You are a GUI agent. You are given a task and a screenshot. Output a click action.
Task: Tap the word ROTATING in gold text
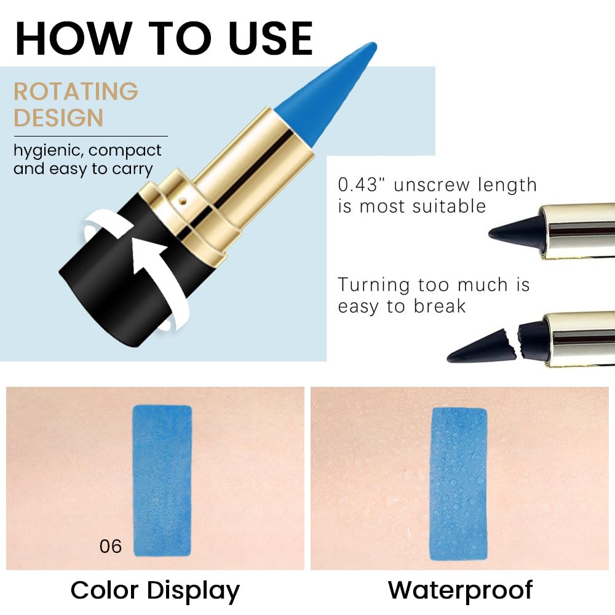76,92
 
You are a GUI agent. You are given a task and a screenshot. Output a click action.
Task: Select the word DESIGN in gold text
58,117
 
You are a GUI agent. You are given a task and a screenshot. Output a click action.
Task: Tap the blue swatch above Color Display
162,480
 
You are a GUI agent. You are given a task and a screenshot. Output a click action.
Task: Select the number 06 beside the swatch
111,546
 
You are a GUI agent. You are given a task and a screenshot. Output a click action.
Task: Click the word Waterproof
460,590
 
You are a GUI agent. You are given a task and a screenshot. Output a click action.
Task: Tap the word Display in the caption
194,590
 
